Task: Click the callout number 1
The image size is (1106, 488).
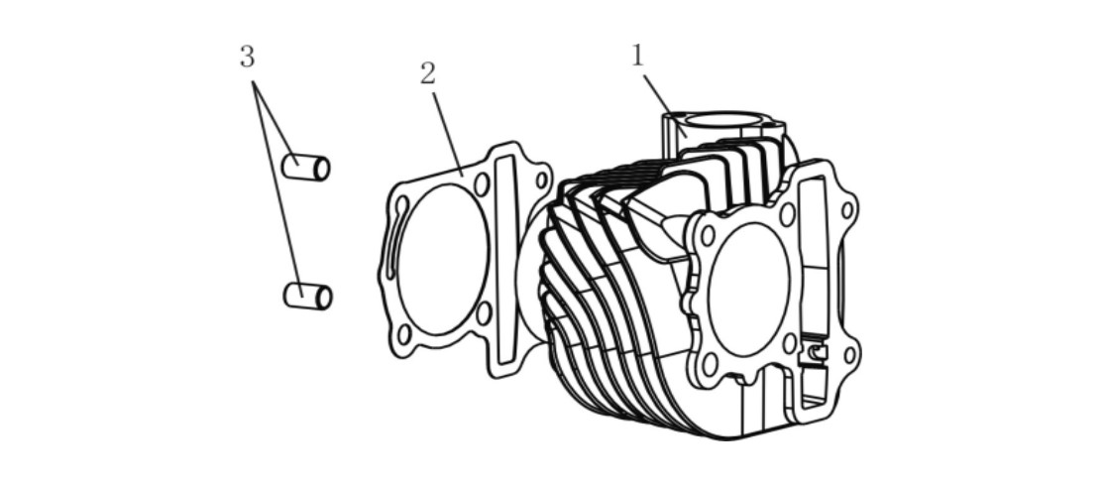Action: [637, 56]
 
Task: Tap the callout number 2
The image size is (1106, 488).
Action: [428, 73]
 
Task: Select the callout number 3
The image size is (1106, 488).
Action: [247, 57]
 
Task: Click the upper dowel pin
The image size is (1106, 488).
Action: [305, 167]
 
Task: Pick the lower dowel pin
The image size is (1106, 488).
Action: [307, 296]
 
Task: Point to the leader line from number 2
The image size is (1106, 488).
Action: [448, 134]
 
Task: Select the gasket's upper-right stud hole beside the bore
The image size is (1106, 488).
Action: [482, 184]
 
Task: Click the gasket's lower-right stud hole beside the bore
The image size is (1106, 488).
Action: [484, 313]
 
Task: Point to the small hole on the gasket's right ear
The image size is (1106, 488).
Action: [541, 180]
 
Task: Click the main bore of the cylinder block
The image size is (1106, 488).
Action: [749, 290]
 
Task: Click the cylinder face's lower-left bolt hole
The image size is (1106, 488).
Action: [710, 363]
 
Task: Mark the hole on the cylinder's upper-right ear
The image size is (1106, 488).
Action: [846, 209]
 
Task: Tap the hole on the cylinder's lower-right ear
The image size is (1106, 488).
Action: [849, 355]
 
